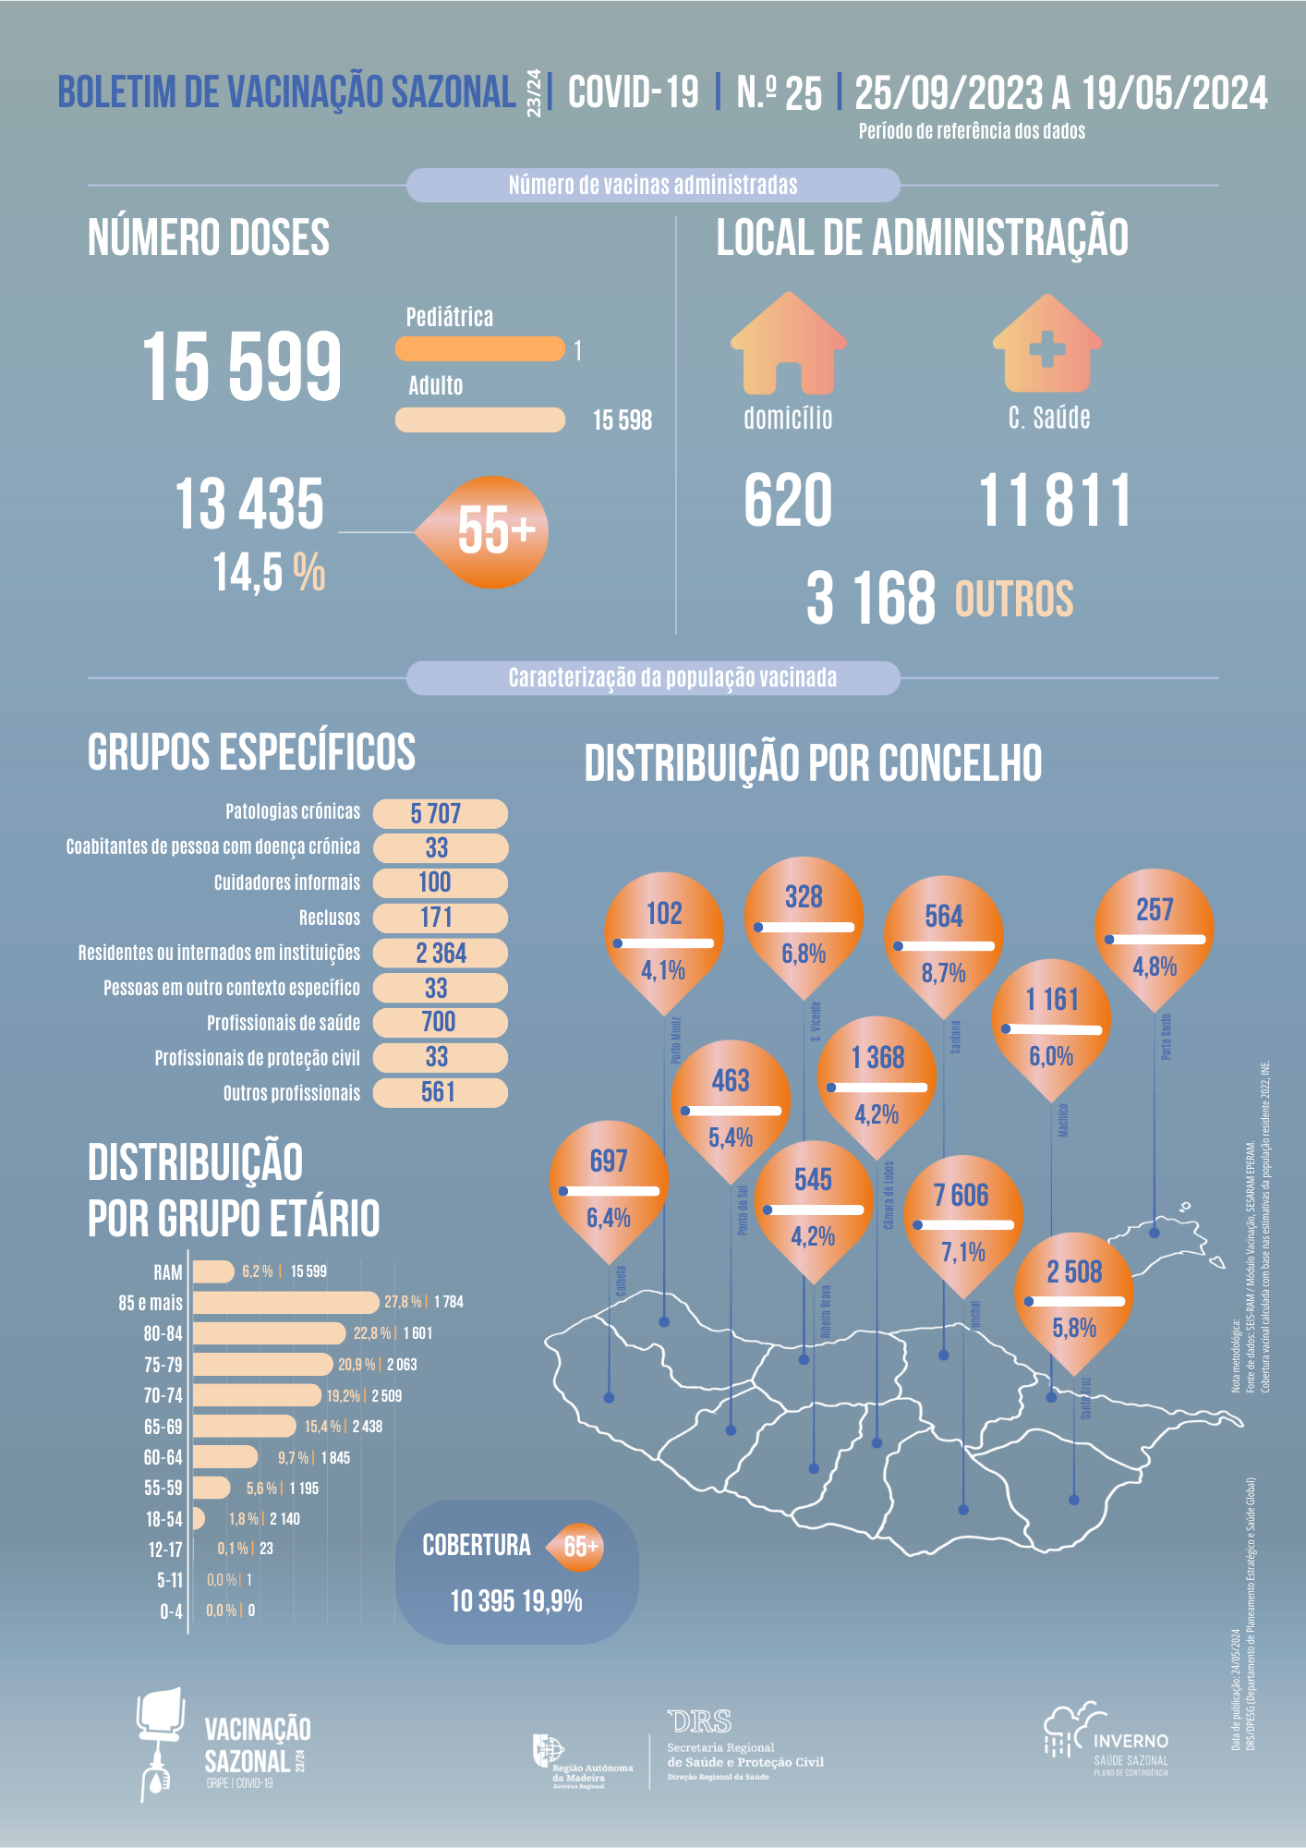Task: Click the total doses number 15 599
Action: click(x=242, y=367)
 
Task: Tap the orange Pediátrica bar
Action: click(x=479, y=349)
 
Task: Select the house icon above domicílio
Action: click(x=788, y=344)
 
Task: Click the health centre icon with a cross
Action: click(x=1047, y=344)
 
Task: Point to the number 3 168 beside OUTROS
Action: click(x=871, y=598)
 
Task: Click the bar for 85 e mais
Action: click(x=284, y=1302)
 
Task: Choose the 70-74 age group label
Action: click(x=163, y=1395)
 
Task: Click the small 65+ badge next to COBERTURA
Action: click(x=579, y=1546)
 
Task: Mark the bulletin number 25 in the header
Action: click(x=803, y=93)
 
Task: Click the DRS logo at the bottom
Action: click(x=699, y=1721)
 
